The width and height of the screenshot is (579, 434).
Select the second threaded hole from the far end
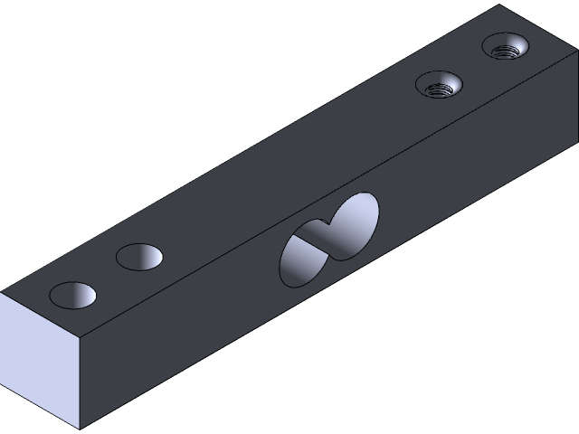[439, 87]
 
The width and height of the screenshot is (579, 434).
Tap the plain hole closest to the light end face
[72, 294]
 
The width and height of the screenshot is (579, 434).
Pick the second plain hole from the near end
[140, 257]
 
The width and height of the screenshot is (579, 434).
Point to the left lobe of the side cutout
[301, 258]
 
